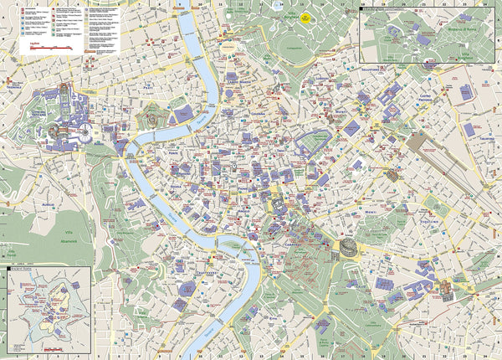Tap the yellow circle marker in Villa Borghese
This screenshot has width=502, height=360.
306,17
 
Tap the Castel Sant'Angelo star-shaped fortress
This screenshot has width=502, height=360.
154,118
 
